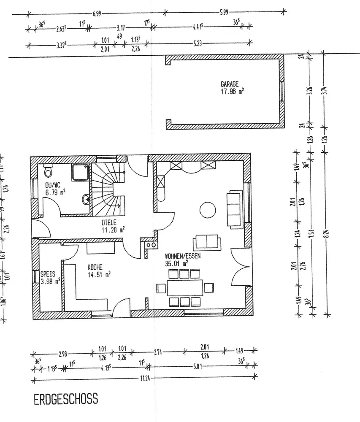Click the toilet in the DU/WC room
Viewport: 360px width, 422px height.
(x=48, y=171)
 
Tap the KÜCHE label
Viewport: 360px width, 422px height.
(x=95, y=267)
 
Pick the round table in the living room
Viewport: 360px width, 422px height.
(x=207, y=209)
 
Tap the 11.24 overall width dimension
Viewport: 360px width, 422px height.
(x=144, y=378)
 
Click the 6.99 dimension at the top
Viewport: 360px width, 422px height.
(x=97, y=14)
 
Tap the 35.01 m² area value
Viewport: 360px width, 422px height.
(x=177, y=263)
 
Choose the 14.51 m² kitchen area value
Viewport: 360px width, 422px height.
(x=99, y=274)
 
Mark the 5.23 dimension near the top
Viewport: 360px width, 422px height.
(x=198, y=43)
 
